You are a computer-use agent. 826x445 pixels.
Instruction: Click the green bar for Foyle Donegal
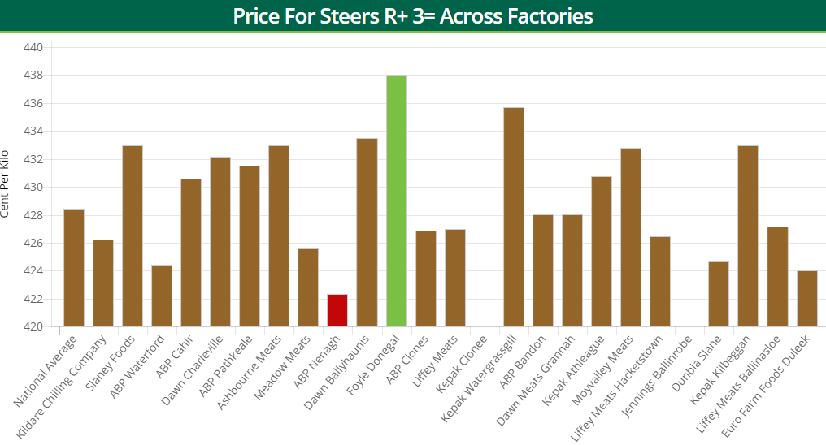click(x=396, y=201)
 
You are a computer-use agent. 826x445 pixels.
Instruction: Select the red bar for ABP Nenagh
click(x=337, y=310)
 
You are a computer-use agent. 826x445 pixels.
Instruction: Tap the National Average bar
click(x=74, y=268)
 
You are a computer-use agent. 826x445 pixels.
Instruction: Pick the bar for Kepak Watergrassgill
click(x=514, y=217)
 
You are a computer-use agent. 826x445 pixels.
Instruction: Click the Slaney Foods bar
click(x=133, y=236)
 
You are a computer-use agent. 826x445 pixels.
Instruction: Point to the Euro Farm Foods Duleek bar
click(x=807, y=299)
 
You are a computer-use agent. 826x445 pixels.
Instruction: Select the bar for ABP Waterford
click(x=162, y=296)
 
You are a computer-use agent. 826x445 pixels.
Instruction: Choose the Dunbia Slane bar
click(x=719, y=294)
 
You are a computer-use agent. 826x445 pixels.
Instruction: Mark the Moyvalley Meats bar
click(x=631, y=237)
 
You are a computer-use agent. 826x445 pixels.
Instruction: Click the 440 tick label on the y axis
click(x=33, y=48)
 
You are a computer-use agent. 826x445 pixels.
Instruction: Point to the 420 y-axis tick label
click(x=33, y=327)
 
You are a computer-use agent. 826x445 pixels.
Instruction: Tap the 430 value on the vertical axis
click(x=33, y=188)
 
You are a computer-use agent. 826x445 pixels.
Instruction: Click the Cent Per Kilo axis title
click(x=7, y=184)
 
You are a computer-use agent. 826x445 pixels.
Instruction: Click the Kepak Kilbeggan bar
click(x=748, y=236)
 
